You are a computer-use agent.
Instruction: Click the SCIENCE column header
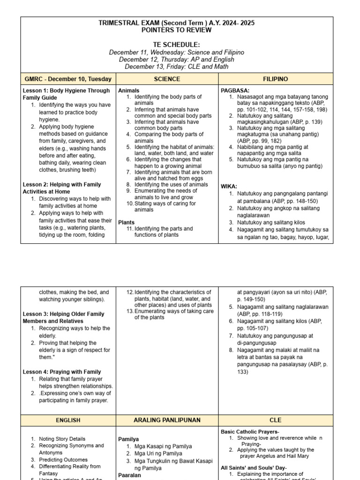(x=167, y=79)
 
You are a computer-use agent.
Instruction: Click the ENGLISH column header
(x=68, y=420)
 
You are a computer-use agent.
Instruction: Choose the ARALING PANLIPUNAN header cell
(x=167, y=420)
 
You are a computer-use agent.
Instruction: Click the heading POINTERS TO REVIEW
(x=177, y=30)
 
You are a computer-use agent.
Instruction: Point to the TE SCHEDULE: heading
(x=177, y=44)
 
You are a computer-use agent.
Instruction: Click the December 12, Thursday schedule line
(x=177, y=60)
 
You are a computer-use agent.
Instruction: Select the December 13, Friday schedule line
(x=177, y=67)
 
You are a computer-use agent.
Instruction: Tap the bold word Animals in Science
(x=129, y=90)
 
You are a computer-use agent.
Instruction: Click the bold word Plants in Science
(x=127, y=222)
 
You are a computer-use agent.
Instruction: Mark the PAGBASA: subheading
(x=236, y=90)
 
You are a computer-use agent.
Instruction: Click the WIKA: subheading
(x=230, y=186)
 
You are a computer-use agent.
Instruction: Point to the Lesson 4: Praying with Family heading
(x=62, y=372)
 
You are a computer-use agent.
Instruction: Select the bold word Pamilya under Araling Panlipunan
(x=129, y=439)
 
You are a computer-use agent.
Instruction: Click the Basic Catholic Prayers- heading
(x=250, y=431)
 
